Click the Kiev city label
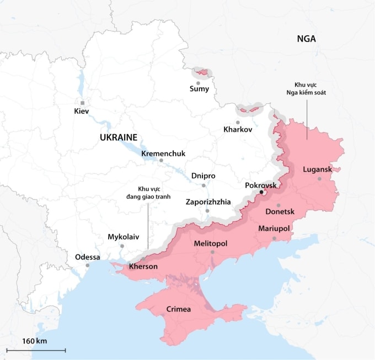coord(81,112)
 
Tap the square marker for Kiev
coord(82,103)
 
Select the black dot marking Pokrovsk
coord(261,193)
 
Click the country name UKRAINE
coord(119,137)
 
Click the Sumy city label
coord(199,89)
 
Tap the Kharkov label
coord(238,130)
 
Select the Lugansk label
coord(318,170)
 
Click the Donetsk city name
coord(280,212)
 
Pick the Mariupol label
coord(274,229)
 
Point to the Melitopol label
coord(211,243)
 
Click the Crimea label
coord(179,309)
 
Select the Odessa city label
coord(88,257)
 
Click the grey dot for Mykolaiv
coord(122,246)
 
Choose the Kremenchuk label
coord(163,153)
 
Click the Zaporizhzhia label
coord(208,202)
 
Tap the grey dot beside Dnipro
coord(203,185)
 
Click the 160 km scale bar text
coord(35,341)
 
